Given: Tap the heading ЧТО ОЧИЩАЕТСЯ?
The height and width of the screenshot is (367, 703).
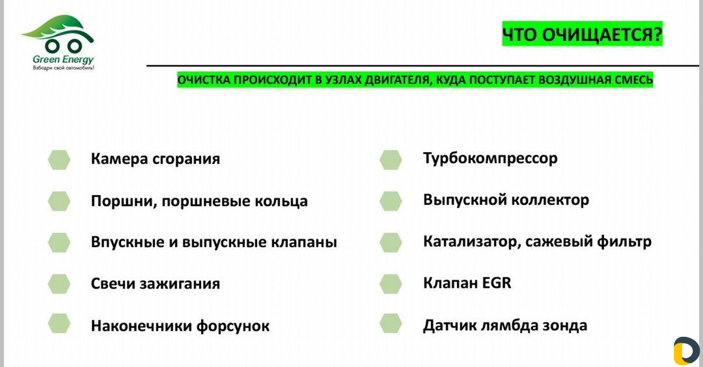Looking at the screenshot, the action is [x=582, y=34].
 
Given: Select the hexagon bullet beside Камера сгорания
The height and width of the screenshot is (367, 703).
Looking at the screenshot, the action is [x=59, y=160].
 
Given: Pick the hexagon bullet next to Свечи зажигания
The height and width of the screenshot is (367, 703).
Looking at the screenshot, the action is [x=59, y=284].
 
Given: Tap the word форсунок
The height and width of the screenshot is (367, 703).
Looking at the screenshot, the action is [x=233, y=326].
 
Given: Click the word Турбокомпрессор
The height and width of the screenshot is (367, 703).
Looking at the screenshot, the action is [x=490, y=158].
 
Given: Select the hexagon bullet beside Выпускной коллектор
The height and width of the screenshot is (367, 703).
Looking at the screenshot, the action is [x=390, y=201].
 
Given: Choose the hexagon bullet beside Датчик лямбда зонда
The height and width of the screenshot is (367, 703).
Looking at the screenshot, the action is [x=390, y=324].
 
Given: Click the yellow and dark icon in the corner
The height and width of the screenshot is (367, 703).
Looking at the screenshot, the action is [x=687, y=351].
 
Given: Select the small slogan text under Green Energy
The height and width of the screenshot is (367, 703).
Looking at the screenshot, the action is [x=63, y=68].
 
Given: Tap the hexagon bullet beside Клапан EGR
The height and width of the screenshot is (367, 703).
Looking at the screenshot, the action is [x=390, y=284].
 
